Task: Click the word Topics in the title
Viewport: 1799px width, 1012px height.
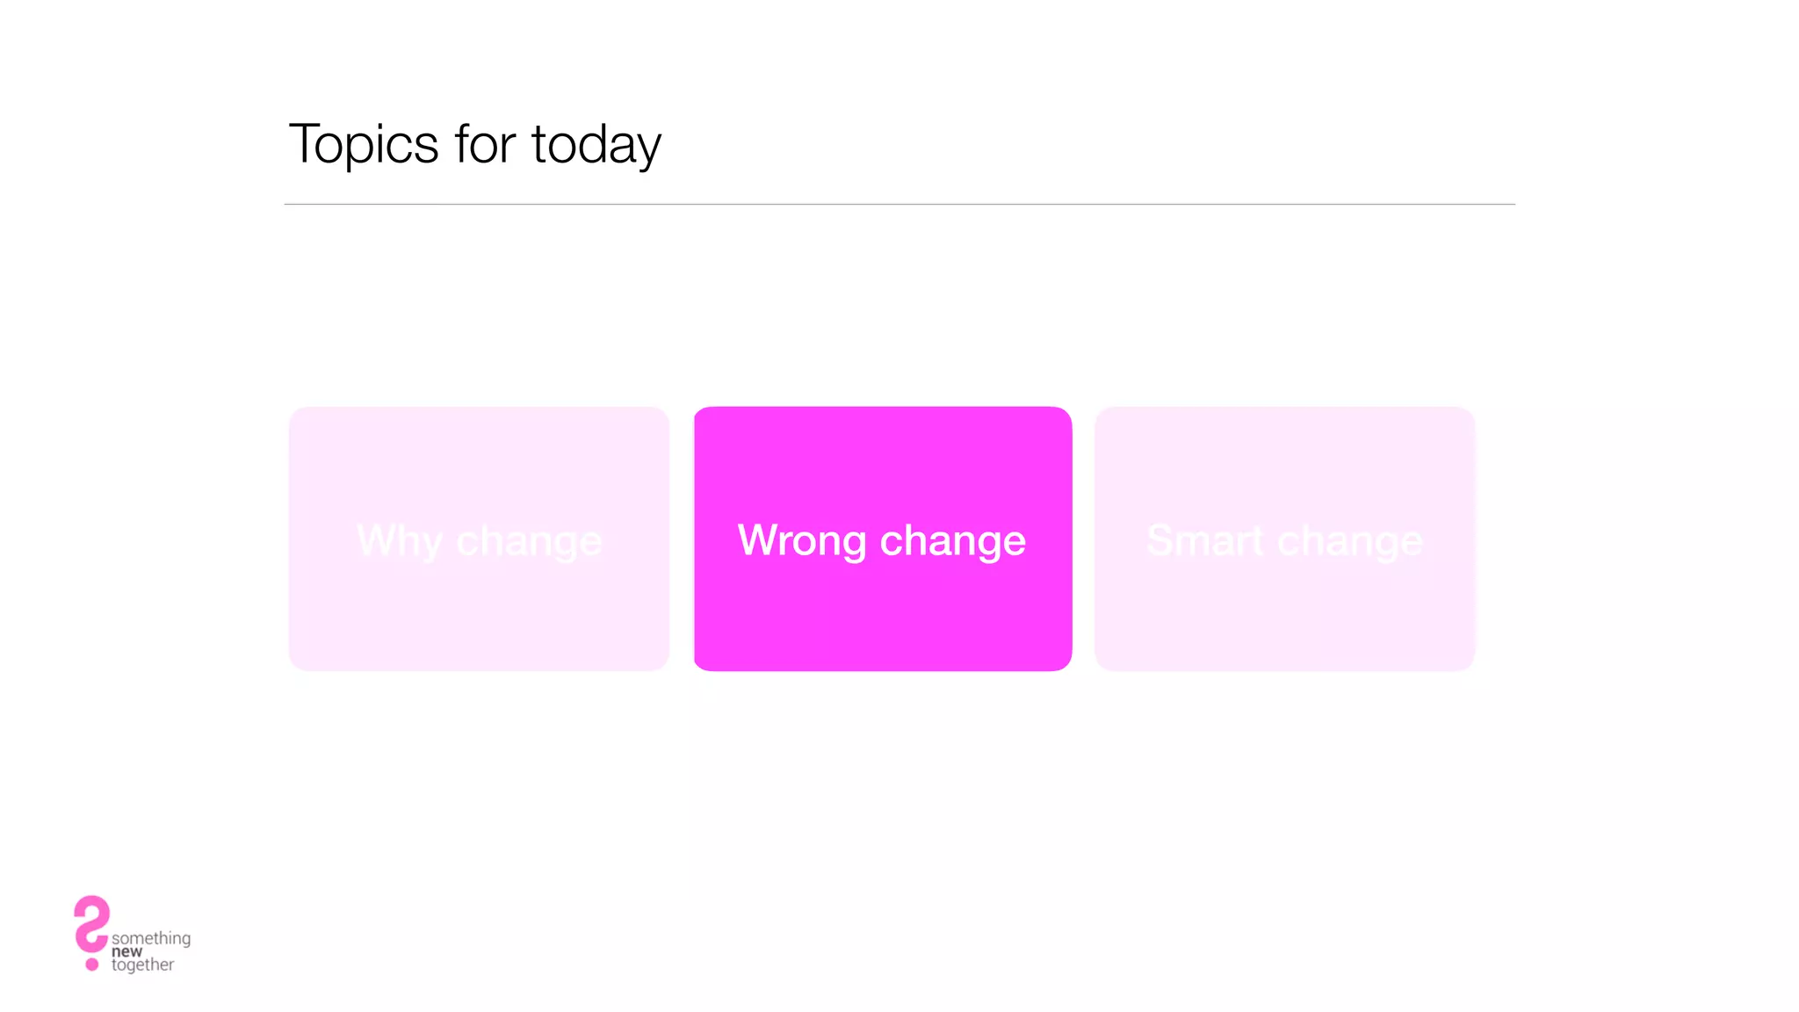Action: coord(364,145)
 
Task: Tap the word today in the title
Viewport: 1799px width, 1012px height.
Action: coord(596,146)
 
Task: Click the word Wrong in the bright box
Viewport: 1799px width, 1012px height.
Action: coord(801,540)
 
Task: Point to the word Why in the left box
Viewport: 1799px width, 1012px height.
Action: coord(399,541)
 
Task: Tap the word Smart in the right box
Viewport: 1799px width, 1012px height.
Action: coord(1204,540)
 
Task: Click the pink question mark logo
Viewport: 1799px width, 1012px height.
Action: coord(90,924)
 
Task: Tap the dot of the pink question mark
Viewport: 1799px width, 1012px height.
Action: coord(92,965)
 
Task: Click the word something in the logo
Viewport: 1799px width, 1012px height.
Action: coord(151,937)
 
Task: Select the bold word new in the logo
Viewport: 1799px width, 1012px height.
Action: coord(126,951)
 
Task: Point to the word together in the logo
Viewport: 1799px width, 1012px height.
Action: coord(143,965)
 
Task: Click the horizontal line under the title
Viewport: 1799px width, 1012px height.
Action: coord(899,204)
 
